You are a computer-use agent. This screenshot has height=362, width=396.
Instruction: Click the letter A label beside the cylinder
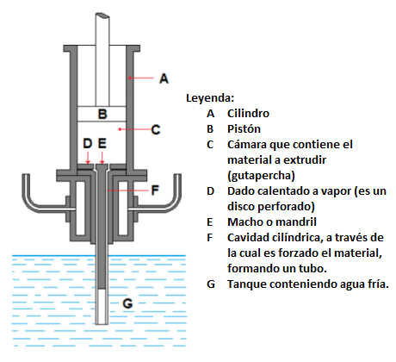[x=164, y=78]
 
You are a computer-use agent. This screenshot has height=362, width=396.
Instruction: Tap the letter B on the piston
[x=102, y=114]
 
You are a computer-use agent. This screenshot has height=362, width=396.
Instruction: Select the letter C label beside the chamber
[x=156, y=129]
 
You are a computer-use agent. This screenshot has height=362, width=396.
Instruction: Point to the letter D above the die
[x=88, y=143]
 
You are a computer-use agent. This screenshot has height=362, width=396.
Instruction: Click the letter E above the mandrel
[x=102, y=143]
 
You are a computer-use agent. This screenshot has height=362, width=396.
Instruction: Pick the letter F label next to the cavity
[x=155, y=190]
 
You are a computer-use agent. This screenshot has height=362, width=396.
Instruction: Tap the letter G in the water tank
[x=127, y=303]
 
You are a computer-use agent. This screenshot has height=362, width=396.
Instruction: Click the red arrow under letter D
[x=88, y=157]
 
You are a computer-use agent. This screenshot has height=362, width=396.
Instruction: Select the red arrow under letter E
[x=102, y=157]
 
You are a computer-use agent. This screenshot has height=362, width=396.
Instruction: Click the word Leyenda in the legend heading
[x=210, y=98]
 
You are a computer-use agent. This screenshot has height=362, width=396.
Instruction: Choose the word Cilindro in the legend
[x=248, y=114]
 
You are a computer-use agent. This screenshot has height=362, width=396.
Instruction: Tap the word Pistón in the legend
[x=244, y=129]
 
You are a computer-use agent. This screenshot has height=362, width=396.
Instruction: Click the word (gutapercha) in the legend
[x=261, y=176]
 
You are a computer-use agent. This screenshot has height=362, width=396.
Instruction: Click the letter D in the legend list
[x=210, y=191]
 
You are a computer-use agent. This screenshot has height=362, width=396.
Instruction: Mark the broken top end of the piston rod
[x=102, y=16]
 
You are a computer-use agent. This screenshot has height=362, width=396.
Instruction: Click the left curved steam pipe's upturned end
[x=26, y=176]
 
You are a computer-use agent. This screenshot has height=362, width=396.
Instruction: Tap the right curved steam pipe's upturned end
[x=177, y=176]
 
